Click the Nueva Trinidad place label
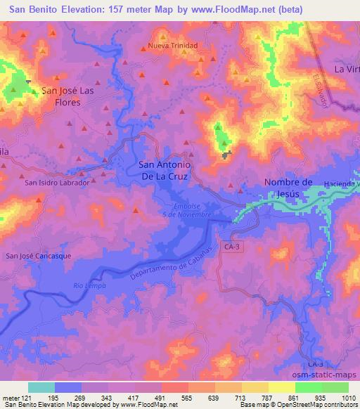click(x=172, y=46)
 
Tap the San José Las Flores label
click(x=61, y=96)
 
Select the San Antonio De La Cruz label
click(x=163, y=171)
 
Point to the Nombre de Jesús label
click(x=287, y=188)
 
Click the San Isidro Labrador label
click(x=57, y=183)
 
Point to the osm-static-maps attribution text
click(x=330, y=376)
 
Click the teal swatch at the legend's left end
click(x=41, y=387)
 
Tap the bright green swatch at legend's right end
click(x=335, y=387)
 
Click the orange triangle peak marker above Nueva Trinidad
click(x=163, y=37)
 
